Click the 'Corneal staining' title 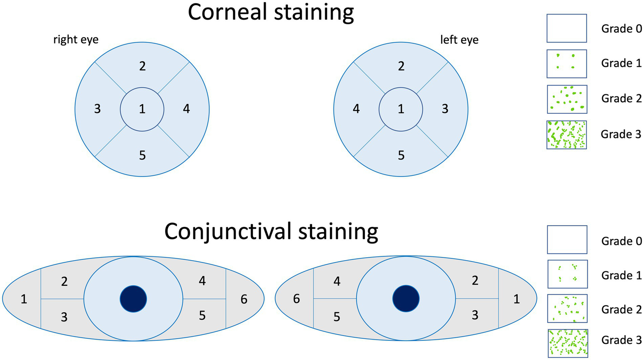(271, 13)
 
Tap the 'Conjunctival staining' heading (271, 231)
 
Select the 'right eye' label (76, 39)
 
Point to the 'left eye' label (459, 39)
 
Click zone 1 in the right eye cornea (142, 109)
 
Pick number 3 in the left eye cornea (445, 109)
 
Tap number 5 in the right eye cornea (142, 155)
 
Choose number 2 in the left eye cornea (401, 66)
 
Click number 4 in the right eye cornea (186, 109)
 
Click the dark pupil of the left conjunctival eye (406, 299)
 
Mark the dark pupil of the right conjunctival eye (133, 299)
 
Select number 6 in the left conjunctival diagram (244, 299)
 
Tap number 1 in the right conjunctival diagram (516, 299)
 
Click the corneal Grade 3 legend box (566, 135)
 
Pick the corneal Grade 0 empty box (566, 28)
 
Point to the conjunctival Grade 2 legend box (567, 308)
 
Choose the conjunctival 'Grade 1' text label (621, 275)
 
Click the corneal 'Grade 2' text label (621, 98)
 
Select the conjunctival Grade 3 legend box (567, 343)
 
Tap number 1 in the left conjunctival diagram (24, 299)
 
